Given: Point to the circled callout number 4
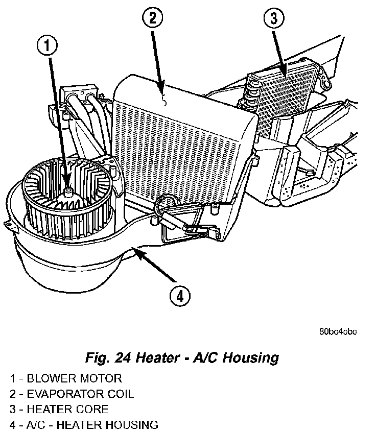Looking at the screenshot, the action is click(179, 296).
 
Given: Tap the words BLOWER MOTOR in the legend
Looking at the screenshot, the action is click(75, 378).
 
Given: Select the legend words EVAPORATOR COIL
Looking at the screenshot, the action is click(80, 394).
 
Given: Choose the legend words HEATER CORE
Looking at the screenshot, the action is click(68, 409).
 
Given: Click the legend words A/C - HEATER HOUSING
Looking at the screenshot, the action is click(92, 424).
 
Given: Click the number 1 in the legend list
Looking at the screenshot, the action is click(11, 378).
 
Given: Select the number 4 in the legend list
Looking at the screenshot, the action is click(12, 424).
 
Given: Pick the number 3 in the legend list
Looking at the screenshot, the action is click(12, 409).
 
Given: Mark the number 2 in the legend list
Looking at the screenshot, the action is click(12, 394).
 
